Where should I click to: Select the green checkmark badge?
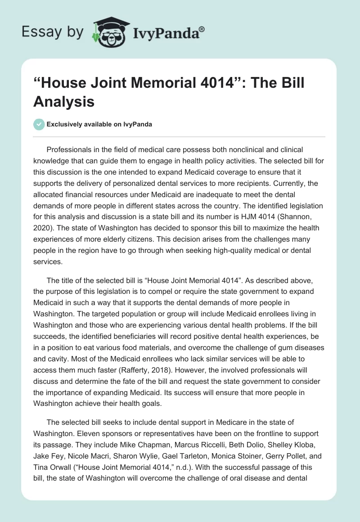(39, 124)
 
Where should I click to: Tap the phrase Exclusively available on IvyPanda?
(100, 124)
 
